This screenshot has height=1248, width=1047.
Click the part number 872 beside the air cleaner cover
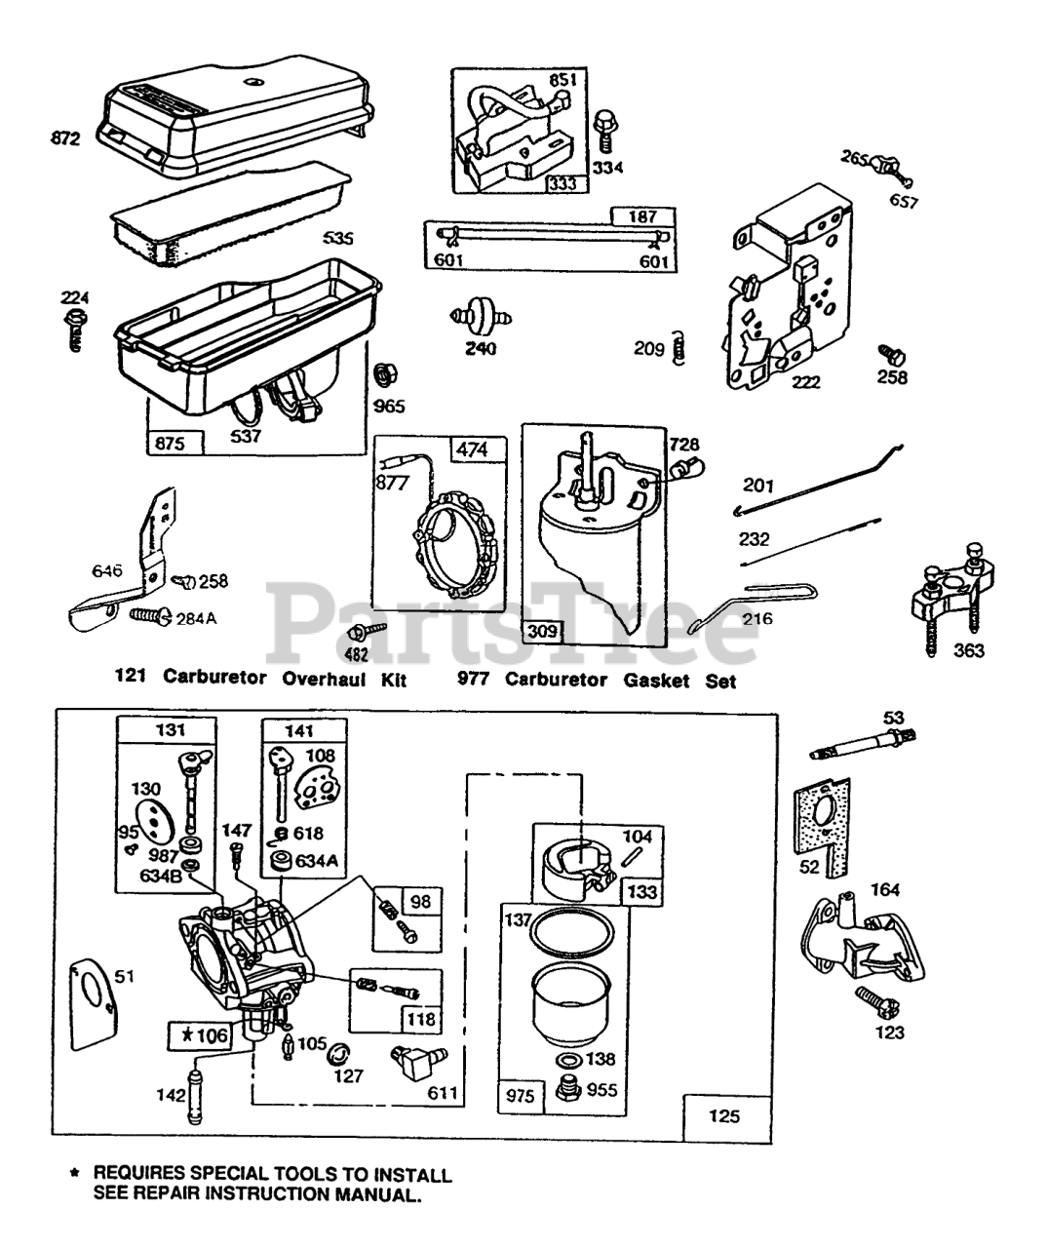[65, 139]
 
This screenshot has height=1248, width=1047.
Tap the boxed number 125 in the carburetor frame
[724, 1117]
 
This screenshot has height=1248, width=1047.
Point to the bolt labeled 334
[604, 130]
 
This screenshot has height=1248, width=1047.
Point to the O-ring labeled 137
[567, 933]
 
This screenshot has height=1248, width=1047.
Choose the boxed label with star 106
[200, 1034]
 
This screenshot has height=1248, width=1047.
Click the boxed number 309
[543, 632]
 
